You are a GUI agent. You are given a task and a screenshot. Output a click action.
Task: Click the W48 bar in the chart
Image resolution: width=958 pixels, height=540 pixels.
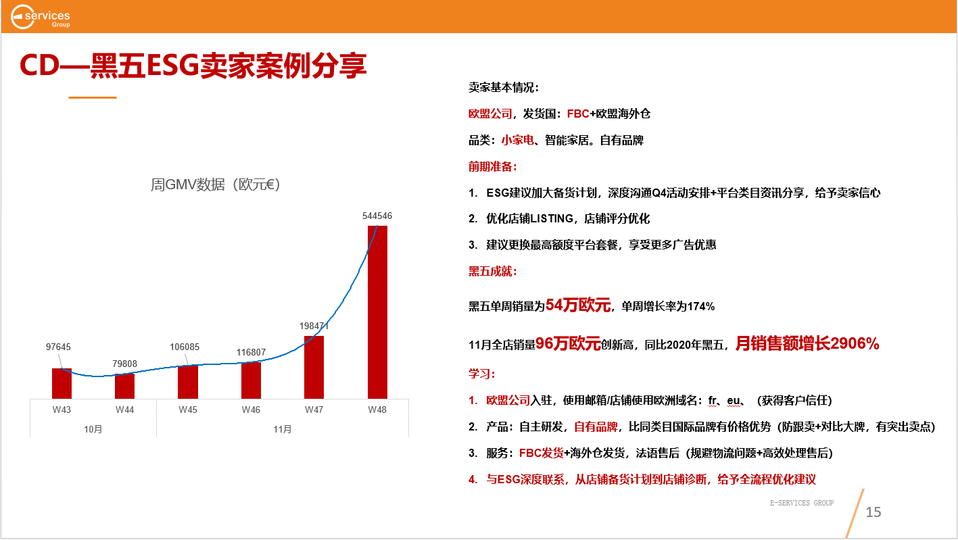tap(377, 312)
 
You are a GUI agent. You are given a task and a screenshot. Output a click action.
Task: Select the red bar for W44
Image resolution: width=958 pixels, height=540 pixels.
tap(124, 386)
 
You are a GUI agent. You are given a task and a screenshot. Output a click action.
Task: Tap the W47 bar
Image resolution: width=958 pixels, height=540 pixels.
tap(314, 367)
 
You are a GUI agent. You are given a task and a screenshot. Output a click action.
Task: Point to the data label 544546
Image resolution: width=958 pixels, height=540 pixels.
tap(377, 216)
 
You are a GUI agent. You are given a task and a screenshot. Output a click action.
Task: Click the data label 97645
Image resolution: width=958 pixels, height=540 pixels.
tap(58, 347)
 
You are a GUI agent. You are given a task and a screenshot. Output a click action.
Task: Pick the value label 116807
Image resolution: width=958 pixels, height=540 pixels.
tap(251, 352)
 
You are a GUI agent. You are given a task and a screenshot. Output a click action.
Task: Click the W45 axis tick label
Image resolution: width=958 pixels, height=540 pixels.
tap(188, 410)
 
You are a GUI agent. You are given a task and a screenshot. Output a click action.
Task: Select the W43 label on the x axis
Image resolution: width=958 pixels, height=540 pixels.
tap(62, 410)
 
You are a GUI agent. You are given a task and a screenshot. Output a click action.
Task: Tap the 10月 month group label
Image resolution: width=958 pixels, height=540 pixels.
tap(93, 429)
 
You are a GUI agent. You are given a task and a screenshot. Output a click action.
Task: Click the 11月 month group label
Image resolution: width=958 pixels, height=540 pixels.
tap(283, 429)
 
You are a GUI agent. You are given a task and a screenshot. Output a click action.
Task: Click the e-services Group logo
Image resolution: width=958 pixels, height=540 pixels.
tap(40, 17)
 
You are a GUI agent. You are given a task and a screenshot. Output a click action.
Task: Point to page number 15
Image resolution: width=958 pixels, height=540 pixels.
tap(873, 512)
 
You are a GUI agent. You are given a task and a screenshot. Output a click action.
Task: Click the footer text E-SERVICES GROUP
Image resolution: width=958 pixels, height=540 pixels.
tap(802, 503)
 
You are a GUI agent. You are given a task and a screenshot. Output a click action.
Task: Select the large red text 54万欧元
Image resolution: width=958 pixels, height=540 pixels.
tap(578, 305)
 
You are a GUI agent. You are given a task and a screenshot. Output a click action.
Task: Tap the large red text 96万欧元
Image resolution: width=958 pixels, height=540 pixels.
tap(568, 343)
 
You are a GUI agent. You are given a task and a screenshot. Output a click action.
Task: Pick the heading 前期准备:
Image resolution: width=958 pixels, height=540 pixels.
tap(493, 166)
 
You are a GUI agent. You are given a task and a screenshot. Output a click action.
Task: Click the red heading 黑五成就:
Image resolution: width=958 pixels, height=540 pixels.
tap(493, 271)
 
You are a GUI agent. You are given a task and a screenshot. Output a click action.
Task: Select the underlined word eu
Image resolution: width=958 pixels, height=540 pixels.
tap(733, 401)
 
